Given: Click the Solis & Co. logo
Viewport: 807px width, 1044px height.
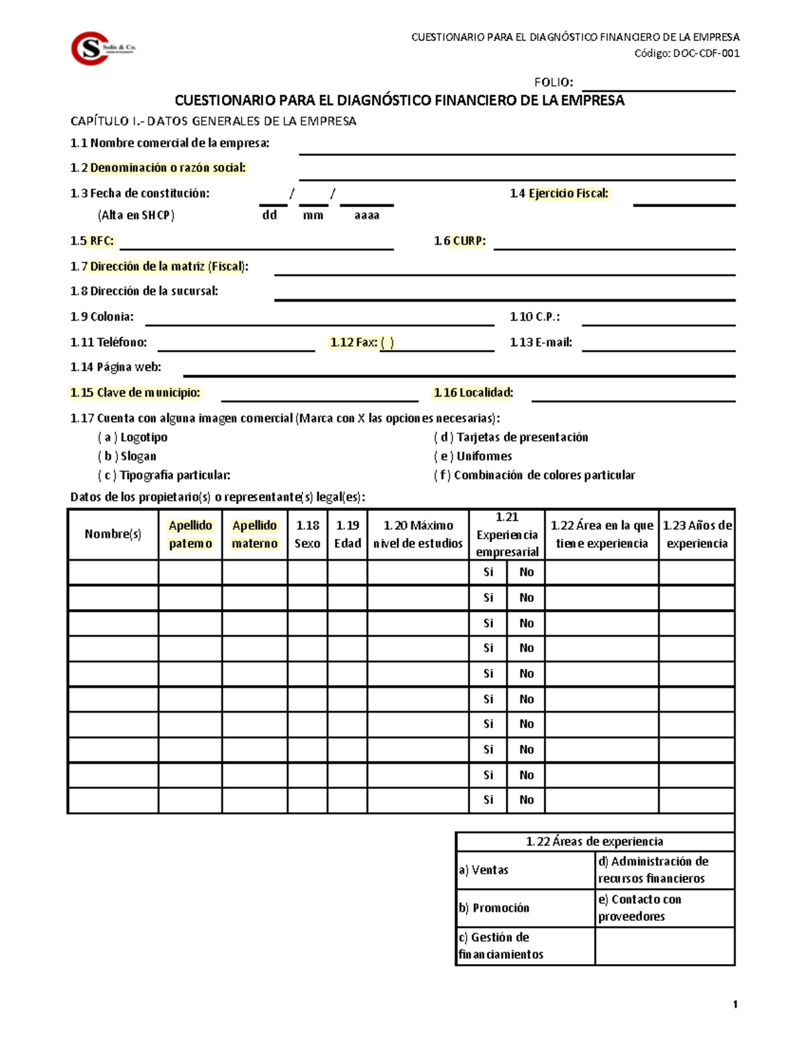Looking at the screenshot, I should coord(102,48).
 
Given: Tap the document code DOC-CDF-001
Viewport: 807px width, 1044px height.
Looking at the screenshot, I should coord(706,54).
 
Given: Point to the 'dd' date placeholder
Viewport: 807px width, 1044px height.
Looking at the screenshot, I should coord(270,216).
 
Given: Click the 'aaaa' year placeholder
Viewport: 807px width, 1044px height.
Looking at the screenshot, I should coord(367,216).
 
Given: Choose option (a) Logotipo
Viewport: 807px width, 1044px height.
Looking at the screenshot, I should coord(132,438).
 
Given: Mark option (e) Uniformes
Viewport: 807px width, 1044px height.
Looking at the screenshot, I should coord(473,456).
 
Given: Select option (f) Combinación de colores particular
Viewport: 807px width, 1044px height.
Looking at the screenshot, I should coord(535,475).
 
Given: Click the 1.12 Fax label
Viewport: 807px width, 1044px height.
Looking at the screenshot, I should coord(361,342).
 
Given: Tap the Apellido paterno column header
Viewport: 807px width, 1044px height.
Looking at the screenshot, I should coord(190,534).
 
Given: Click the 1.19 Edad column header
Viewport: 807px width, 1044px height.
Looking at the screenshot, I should coord(348,534).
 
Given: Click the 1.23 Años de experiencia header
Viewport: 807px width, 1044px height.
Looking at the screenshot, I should coord(697,534).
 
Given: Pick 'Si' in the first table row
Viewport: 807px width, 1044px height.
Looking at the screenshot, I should coord(488,572).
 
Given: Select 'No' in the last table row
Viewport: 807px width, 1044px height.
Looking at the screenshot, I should coord(526,800).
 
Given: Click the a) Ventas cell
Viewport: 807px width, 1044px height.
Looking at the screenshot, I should coord(525,870).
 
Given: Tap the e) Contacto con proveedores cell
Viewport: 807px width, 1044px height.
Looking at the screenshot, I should coord(664,908).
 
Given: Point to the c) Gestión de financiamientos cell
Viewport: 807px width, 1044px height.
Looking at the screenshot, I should coord(525,946).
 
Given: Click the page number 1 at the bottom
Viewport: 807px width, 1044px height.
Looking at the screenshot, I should coord(735,1004).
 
